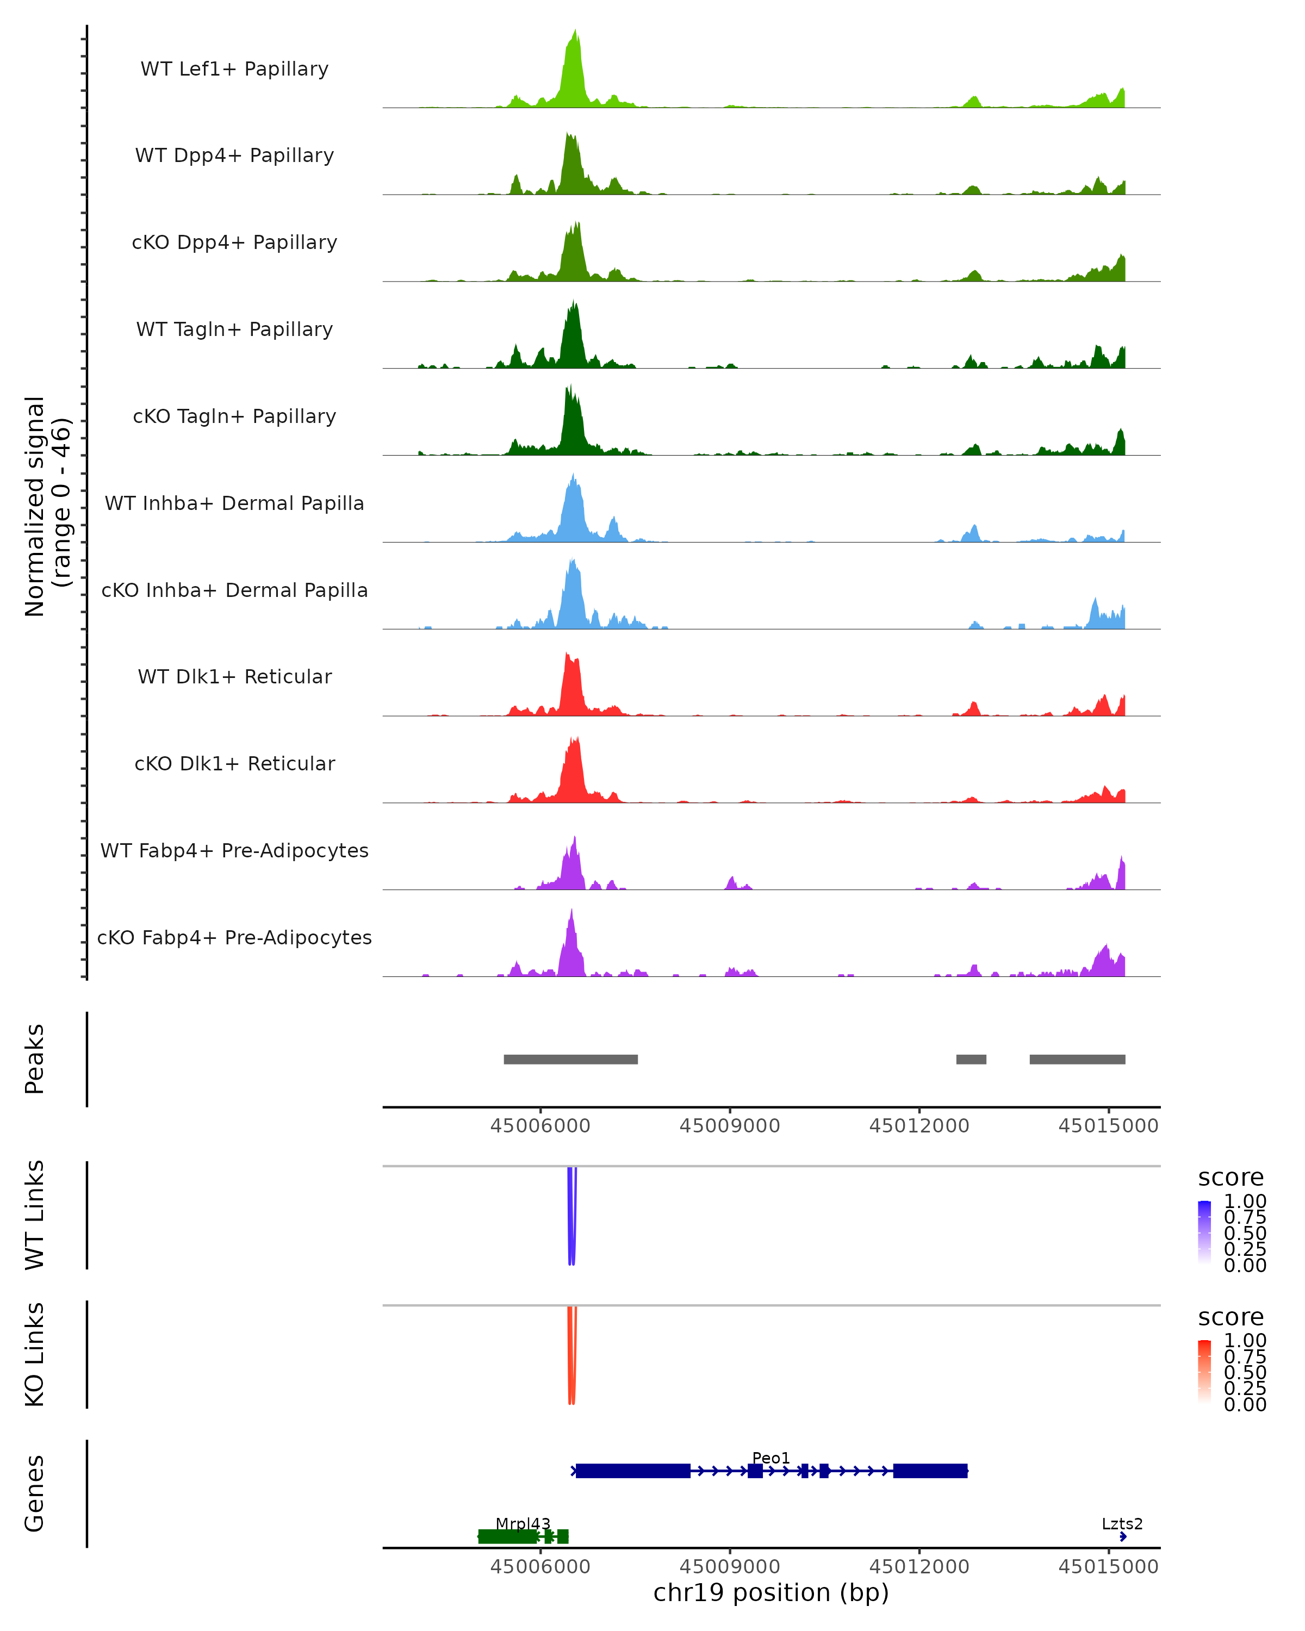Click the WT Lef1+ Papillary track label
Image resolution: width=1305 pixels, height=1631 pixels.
(234, 69)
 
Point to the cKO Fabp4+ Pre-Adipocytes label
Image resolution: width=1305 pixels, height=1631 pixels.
(234, 937)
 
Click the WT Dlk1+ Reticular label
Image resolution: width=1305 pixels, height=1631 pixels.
(234, 676)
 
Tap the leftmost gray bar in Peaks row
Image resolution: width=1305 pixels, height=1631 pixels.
(570, 1059)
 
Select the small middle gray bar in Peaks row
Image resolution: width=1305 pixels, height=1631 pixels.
(971, 1059)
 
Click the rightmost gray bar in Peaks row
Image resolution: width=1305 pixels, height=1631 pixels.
(1077, 1059)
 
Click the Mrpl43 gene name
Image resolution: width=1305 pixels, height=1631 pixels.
(523, 1523)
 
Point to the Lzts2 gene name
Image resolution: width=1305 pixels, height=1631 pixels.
(1121, 1523)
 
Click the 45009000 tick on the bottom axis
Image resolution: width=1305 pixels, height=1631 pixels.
(729, 1567)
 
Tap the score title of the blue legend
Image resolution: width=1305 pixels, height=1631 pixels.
(1230, 1177)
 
